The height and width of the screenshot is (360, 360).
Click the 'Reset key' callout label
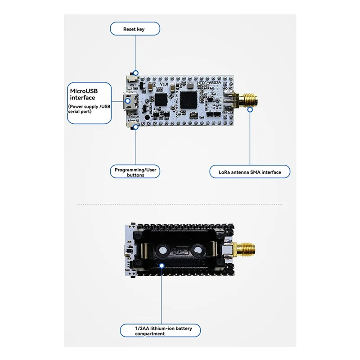tap(135, 29)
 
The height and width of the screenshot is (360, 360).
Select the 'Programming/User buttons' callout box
tap(135, 172)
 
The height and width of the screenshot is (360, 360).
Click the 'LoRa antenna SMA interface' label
tap(250, 172)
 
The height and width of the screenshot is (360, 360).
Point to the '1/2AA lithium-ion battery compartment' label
tap(163, 331)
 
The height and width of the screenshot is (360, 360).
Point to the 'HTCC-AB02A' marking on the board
tap(211, 84)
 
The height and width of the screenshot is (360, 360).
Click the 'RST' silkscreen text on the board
tap(133, 84)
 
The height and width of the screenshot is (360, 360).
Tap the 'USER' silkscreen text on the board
tap(134, 117)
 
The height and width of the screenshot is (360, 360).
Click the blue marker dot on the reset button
tap(135, 72)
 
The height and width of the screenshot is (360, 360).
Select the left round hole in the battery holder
tap(162, 248)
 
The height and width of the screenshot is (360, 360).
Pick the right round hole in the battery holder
tap(198, 248)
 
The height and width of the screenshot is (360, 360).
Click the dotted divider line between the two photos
tap(180, 204)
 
